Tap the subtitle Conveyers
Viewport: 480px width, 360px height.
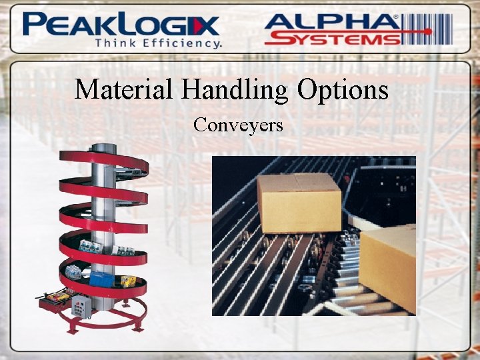(x=239, y=125)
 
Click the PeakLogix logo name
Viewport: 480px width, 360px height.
(x=120, y=25)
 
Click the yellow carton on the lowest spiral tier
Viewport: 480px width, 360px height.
(x=128, y=281)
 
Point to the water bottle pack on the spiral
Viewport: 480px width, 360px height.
(x=91, y=247)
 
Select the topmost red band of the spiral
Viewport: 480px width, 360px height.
(x=100, y=160)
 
